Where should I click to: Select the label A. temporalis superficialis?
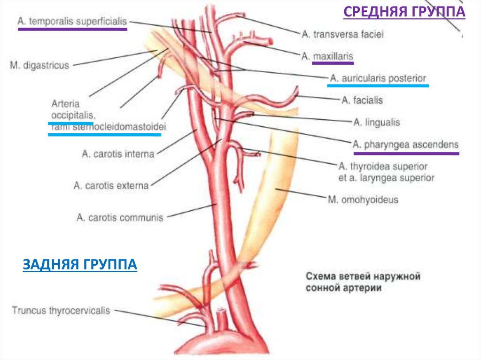coord(72,21)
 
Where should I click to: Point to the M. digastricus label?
coord(39,65)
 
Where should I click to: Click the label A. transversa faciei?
coord(342,34)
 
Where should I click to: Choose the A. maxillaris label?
coord(327,56)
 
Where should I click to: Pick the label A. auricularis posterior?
coord(378,78)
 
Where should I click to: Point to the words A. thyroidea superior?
coord(383,167)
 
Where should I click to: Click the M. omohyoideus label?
coord(362,199)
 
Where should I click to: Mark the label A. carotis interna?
coord(117,153)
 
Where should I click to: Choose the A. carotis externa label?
coord(111,185)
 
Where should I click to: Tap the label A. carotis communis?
coord(120,217)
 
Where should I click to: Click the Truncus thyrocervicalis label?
coord(61,310)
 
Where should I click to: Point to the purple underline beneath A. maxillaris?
coord(327,63)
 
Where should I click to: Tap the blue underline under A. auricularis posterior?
coord(378,86)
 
